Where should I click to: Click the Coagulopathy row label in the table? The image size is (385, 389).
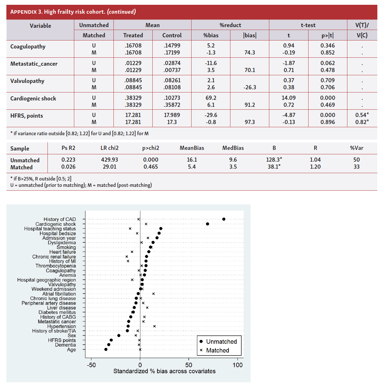click(28, 47)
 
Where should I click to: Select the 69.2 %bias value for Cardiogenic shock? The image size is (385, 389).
click(211, 98)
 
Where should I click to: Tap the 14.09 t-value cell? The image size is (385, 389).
click(288, 98)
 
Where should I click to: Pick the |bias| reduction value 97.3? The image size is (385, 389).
click(250, 122)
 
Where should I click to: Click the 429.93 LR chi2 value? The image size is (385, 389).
click(109, 160)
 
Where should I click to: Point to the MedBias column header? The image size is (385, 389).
click(233, 148)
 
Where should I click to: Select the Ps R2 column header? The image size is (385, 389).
click(68, 148)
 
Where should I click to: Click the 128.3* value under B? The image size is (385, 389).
click(274, 160)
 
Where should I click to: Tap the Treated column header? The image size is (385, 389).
click(133, 35)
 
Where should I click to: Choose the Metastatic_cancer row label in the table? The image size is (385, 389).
click(34, 64)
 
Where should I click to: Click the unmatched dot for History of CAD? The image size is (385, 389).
click(224, 219)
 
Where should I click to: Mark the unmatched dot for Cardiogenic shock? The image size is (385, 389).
click(207, 224)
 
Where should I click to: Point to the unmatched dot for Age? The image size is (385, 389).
click(106, 349)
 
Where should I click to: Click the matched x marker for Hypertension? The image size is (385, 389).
click(155, 326)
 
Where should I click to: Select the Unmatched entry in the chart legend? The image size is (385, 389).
click(221, 341)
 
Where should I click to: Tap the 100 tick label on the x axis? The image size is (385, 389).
click(237, 365)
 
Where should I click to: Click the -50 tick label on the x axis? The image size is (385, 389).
click(91, 365)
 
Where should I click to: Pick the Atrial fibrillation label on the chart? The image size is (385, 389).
click(59, 294)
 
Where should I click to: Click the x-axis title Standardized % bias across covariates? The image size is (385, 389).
click(164, 371)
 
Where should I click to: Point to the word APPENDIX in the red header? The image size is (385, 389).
click(24, 12)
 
